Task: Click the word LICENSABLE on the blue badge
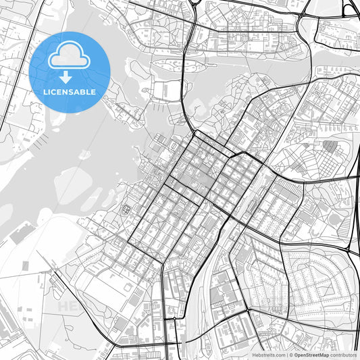point(70,91)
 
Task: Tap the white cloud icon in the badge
point(70,57)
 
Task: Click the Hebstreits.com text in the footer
point(267,355)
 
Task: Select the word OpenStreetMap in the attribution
point(311,355)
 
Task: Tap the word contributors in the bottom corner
point(343,355)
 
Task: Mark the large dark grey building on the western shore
point(23,234)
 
